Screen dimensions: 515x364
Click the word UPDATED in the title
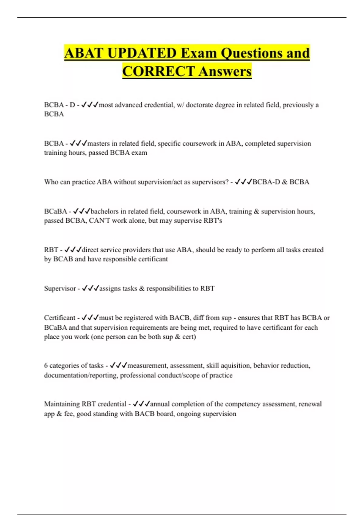[142, 53]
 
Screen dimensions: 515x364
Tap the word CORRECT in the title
[158, 71]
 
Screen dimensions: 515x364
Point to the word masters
[98, 143]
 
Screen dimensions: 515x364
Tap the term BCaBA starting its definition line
[55, 211]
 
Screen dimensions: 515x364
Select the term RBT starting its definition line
[51, 250]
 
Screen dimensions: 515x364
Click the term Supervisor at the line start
[60, 288]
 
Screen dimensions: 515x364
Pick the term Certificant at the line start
[59, 318]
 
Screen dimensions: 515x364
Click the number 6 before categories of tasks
[46, 366]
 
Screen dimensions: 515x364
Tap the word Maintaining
[62, 404]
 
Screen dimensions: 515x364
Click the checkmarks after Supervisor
[90, 288]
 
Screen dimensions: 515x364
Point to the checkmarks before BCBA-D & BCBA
[243, 182]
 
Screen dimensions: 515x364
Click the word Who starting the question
[51, 182]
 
